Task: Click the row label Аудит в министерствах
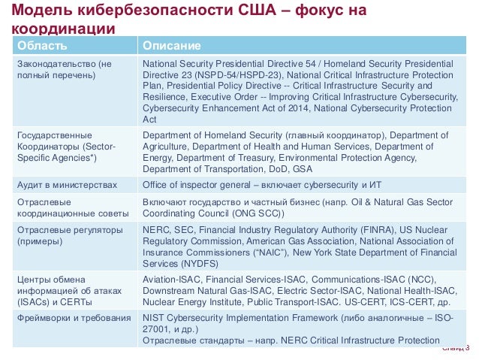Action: [x=67, y=184]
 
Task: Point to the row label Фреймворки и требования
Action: [x=74, y=318]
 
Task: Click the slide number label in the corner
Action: [x=456, y=347]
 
